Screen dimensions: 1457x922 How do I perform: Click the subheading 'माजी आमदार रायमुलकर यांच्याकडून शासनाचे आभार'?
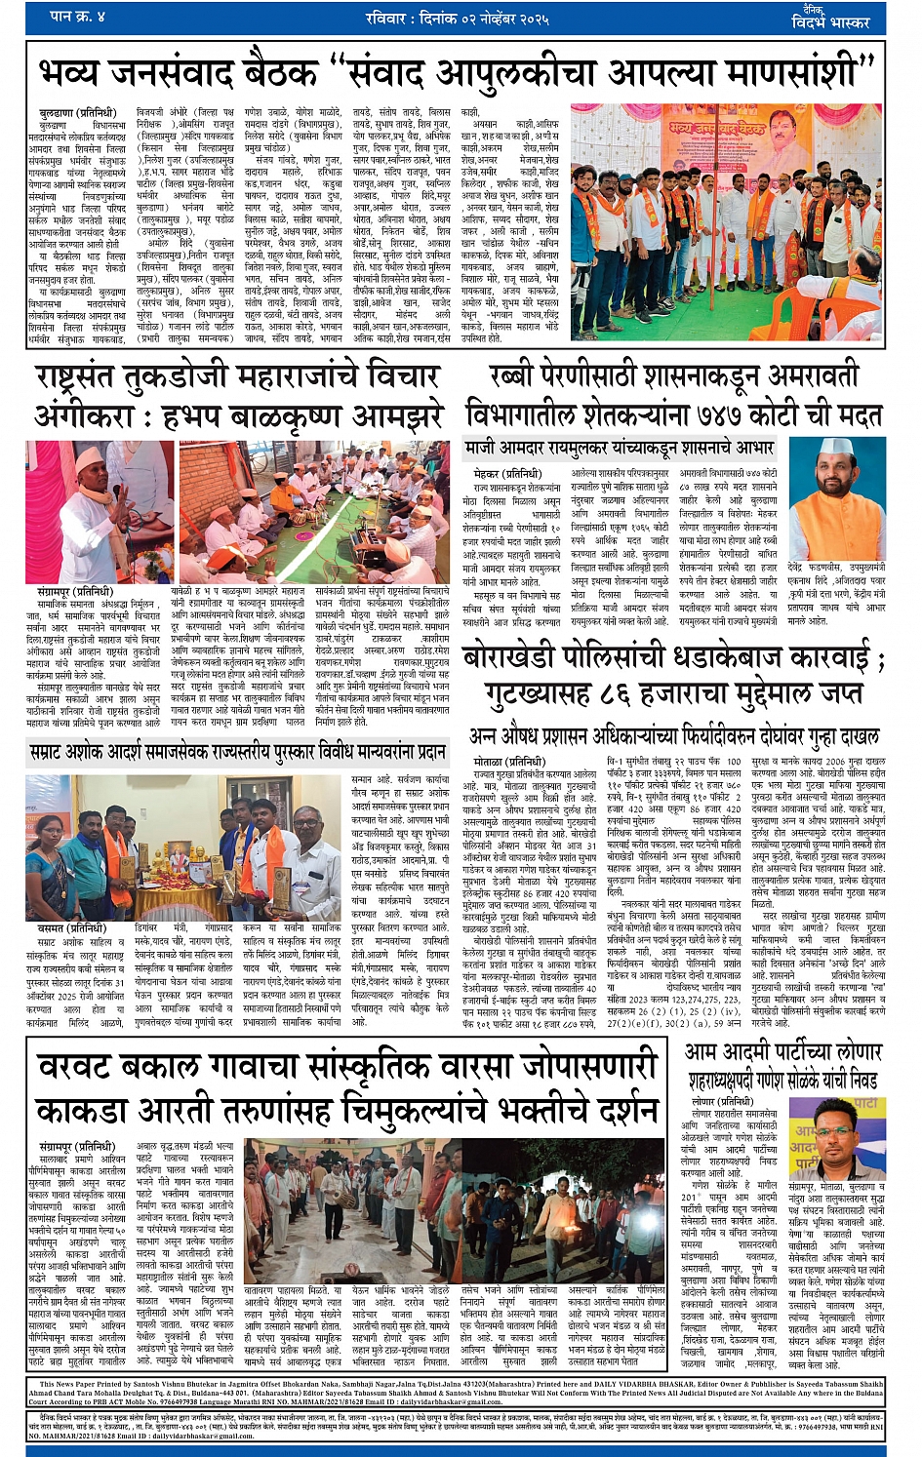(x=620, y=449)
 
